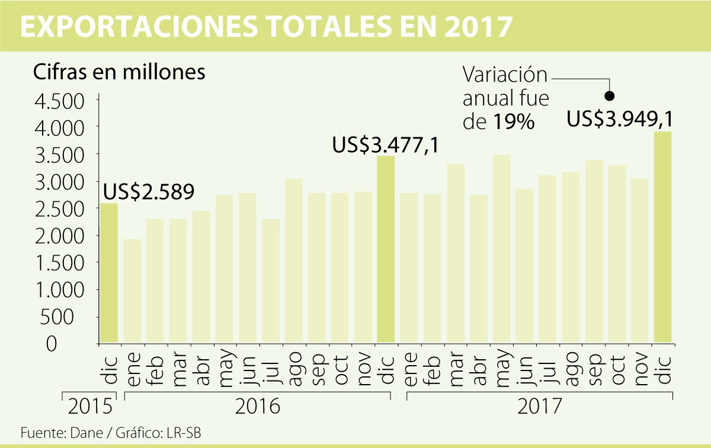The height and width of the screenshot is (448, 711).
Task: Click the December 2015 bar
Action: (x=109, y=273)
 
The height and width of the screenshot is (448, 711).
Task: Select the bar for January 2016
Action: (x=132, y=291)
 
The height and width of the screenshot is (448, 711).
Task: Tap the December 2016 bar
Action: (x=386, y=249)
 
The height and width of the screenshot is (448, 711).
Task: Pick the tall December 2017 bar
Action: (x=663, y=237)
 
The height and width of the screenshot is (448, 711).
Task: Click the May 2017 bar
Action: (x=501, y=249)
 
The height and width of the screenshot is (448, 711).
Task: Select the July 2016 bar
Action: (x=271, y=281)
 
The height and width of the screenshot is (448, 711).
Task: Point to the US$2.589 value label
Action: (x=149, y=192)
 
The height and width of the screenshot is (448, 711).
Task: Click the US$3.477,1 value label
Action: (x=385, y=144)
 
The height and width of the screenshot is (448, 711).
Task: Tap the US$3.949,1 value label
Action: (x=620, y=119)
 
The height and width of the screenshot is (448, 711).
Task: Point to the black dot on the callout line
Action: (x=609, y=95)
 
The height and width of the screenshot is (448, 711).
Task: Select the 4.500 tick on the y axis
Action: (x=60, y=100)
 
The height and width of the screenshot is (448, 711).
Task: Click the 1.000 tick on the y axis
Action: (x=60, y=289)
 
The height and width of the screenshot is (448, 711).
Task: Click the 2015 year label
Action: (x=89, y=407)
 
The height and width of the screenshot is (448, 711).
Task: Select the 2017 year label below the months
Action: (x=539, y=407)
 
